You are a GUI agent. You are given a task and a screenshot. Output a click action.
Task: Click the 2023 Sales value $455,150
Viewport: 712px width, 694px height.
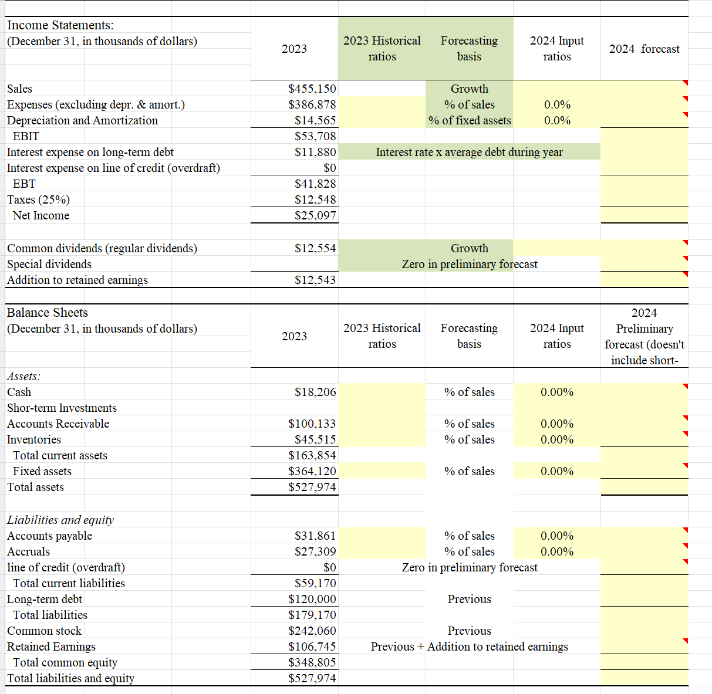coord(312,89)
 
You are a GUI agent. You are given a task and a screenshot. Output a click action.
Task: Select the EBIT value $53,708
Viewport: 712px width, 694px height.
coord(315,136)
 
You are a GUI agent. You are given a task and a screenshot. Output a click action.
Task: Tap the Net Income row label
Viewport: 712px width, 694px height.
coord(41,215)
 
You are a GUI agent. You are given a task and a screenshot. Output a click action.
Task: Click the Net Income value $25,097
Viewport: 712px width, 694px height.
coord(315,215)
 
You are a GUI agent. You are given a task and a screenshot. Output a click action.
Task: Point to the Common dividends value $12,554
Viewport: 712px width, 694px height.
coord(315,248)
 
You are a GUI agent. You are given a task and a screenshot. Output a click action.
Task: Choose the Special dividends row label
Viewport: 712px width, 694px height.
coord(49,264)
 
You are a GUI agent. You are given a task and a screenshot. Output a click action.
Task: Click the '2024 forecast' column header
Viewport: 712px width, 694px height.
coord(644,49)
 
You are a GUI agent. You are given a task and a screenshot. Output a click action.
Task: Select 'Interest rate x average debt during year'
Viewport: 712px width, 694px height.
coord(469,152)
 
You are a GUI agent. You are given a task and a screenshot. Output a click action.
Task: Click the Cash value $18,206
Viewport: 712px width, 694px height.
coord(315,392)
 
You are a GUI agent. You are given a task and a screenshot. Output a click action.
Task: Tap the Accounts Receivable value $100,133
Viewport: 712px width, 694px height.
coord(312,424)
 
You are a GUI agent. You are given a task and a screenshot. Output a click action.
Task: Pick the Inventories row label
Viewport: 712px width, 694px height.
coord(34,439)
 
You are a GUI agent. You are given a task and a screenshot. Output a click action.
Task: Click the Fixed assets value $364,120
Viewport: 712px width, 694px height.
coord(312,471)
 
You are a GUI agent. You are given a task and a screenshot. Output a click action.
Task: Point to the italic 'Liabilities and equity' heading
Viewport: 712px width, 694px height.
coord(60,520)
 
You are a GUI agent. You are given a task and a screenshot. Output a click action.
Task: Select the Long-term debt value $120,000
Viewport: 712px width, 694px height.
coord(312,599)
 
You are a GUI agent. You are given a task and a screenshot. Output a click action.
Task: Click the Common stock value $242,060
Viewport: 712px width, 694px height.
coord(312,631)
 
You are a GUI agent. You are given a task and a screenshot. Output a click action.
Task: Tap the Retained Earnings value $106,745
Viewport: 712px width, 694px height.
coord(312,646)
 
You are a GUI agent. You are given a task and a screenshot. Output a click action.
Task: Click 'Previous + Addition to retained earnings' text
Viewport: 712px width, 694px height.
coord(469,646)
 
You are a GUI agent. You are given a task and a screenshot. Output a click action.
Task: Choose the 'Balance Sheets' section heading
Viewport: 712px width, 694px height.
coord(48,313)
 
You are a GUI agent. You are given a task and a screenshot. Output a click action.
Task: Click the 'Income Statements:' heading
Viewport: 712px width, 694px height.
coord(60,25)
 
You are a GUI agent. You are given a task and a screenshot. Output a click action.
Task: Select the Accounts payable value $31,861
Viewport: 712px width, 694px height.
coord(315,536)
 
